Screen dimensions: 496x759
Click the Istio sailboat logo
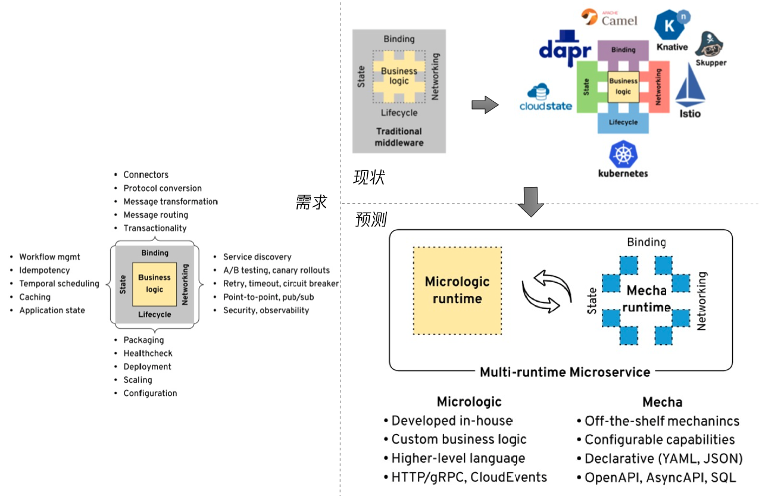click(690, 91)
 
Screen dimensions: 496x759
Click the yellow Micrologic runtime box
click(457, 291)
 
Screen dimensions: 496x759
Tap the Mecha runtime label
click(647, 299)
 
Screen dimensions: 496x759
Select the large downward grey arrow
click(530, 202)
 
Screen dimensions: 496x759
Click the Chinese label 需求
click(311, 202)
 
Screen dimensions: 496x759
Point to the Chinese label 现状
click(369, 177)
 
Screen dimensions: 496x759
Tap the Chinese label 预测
click(371, 220)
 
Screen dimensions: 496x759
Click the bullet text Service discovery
click(257, 257)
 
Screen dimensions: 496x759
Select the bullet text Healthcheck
click(148, 354)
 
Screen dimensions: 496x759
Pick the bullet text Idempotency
click(44, 270)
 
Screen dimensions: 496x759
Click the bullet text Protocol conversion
click(163, 188)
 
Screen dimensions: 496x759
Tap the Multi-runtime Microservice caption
click(565, 372)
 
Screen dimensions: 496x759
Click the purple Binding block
click(623, 51)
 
